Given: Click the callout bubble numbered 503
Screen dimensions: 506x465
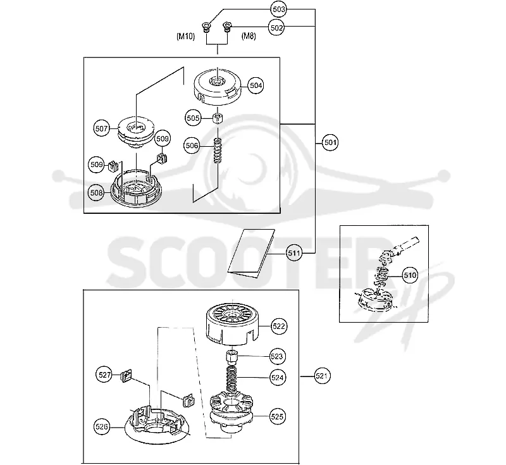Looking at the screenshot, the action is [278, 9].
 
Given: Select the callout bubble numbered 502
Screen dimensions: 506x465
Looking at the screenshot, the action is [276, 28].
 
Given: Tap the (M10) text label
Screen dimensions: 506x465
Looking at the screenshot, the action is [185, 36].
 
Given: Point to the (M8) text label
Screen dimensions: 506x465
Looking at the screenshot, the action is [249, 36].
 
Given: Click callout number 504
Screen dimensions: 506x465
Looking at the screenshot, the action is [256, 85].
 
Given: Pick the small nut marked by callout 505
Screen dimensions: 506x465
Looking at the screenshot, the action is [218, 118].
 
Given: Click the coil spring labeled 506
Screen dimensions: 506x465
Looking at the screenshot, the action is [218, 151].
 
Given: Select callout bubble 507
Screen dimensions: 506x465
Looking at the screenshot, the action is [101, 128].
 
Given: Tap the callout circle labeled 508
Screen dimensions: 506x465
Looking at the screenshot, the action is [96, 193].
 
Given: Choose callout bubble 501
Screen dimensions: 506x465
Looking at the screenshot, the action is [330, 142].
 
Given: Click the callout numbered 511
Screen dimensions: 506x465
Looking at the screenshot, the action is [294, 253].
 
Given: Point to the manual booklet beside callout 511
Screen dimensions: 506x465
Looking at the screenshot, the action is [251, 253].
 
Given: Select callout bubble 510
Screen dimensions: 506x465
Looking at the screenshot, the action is [410, 275].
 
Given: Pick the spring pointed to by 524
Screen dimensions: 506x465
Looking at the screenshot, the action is [231, 379].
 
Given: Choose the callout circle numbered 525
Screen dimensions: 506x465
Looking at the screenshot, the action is [277, 416].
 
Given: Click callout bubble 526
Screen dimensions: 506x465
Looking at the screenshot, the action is [101, 427].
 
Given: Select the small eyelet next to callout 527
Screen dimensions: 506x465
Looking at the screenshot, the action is [126, 376].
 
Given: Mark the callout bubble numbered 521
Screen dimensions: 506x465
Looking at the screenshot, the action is [322, 376].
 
